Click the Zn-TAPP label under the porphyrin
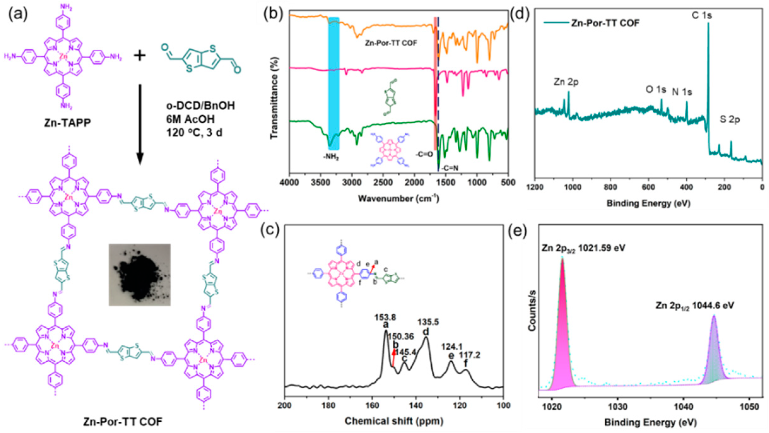(x=67, y=122)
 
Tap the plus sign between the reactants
(x=139, y=56)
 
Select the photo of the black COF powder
(x=139, y=275)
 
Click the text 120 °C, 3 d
(x=194, y=133)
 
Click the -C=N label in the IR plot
(x=449, y=168)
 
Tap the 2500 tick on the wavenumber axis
(x=383, y=182)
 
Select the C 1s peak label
(x=701, y=15)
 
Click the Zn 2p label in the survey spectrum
(x=566, y=82)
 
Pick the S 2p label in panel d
(x=730, y=120)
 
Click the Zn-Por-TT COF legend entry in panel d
(x=605, y=23)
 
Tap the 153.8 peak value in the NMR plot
(x=385, y=317)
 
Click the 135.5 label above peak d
(x=428, y=322)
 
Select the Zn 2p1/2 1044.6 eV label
(x=695, y=305)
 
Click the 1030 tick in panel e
(x=617, y=407)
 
